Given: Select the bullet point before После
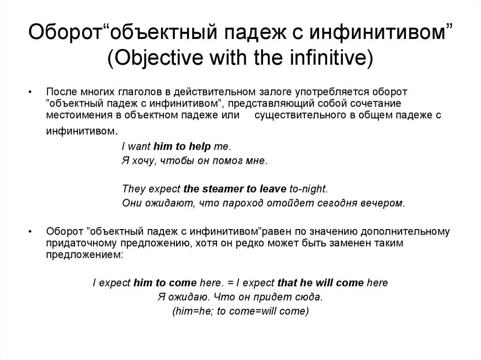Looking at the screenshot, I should pos(31,91).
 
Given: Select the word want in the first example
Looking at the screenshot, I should pos(139,147).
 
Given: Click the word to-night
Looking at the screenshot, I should pos(308,189).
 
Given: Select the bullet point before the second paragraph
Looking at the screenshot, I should pos(31,231).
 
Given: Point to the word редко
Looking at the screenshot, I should pos(240,244).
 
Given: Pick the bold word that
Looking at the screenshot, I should pos(286,283).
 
